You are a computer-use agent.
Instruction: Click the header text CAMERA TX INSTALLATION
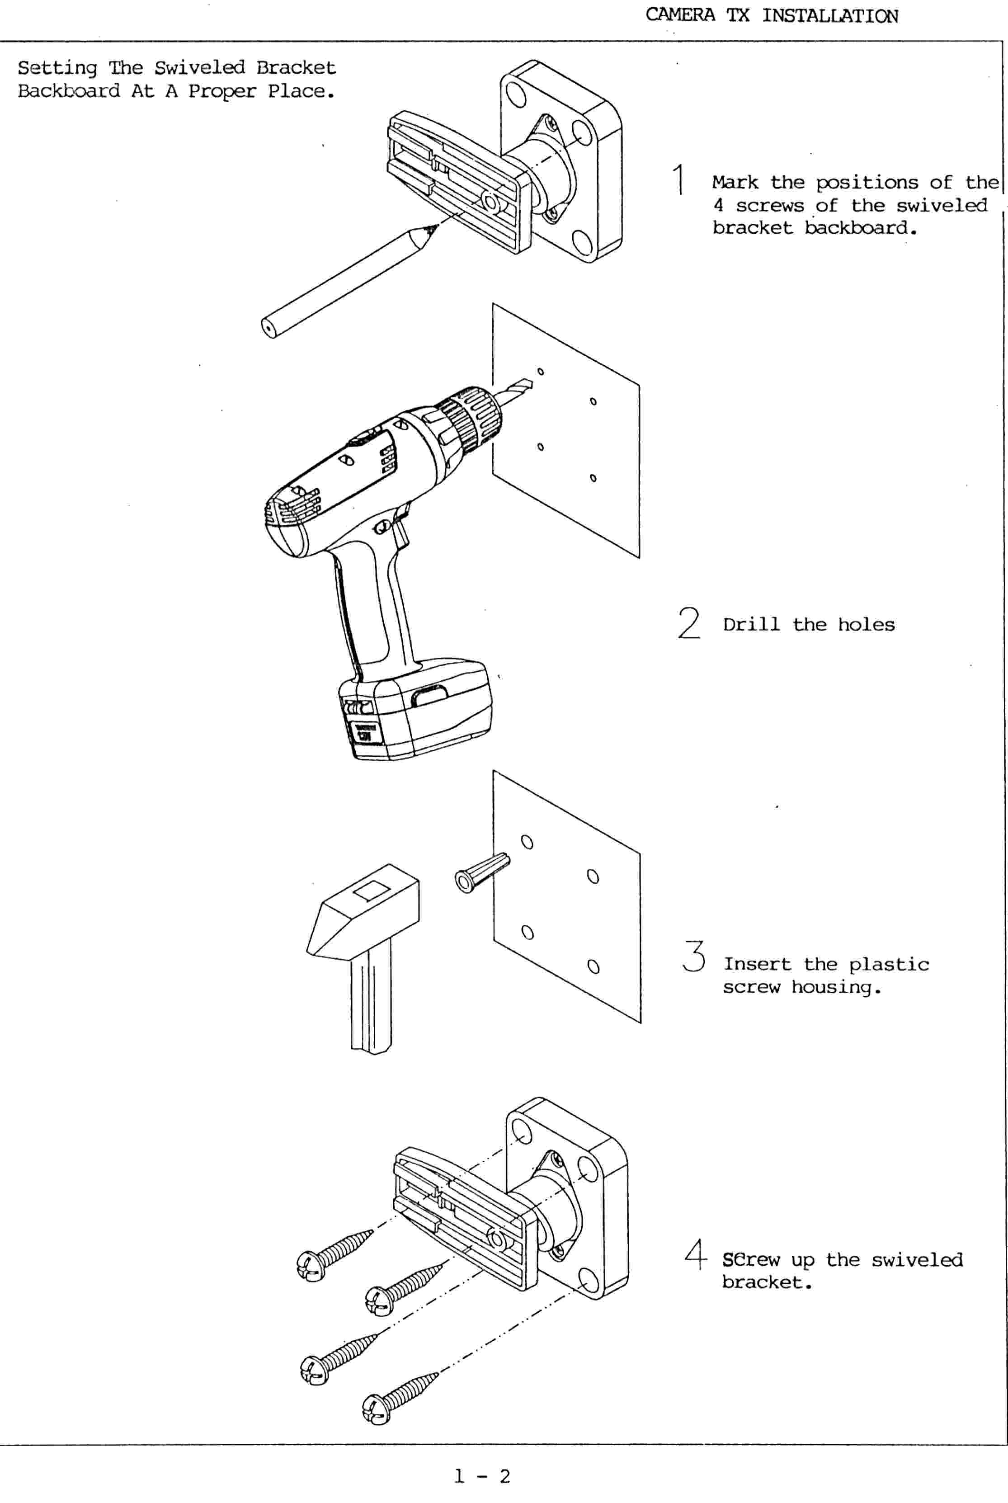tap(772, 15)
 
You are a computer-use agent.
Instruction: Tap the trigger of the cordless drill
tap(400, 527)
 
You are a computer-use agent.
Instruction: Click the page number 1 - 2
tap(482, 1476)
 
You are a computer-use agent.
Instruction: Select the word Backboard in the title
tap(68, 91)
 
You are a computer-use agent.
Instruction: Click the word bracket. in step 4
tap(767, 1282)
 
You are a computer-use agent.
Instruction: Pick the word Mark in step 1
tap(735, 183)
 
